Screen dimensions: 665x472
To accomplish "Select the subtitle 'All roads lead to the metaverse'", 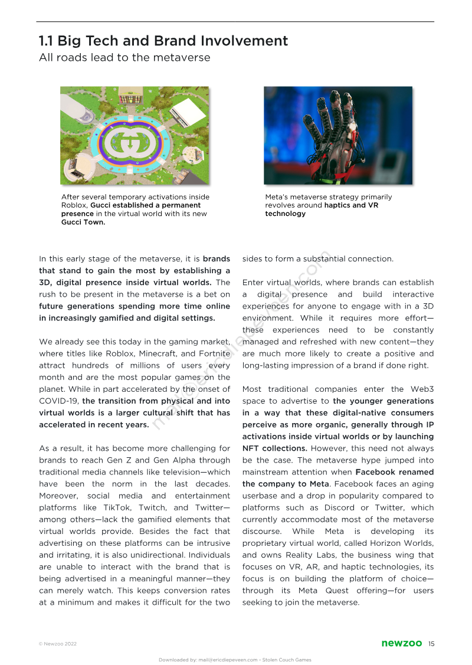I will (x=124, y=57).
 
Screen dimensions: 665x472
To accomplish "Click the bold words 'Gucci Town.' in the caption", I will (x=83, y=222).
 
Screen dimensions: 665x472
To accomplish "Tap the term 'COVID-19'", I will (x=56, y=401).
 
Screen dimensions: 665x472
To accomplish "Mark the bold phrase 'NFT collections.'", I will (x=273, y=448).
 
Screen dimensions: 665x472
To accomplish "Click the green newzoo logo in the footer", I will (x=401, y=643).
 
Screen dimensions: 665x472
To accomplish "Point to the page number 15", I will (x=432, y=643).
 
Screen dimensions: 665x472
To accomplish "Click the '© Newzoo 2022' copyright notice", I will (x=58, y=644).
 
